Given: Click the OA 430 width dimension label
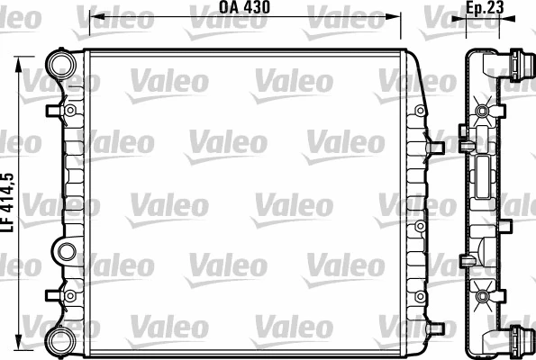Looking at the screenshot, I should (x=245, y=9).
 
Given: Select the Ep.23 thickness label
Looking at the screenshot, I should (x=484, y=9).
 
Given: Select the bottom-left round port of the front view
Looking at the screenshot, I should (x=60, y=339).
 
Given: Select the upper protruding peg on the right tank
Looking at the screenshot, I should (x=436, y=143).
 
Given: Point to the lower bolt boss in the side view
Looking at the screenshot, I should (x=484, y=293).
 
